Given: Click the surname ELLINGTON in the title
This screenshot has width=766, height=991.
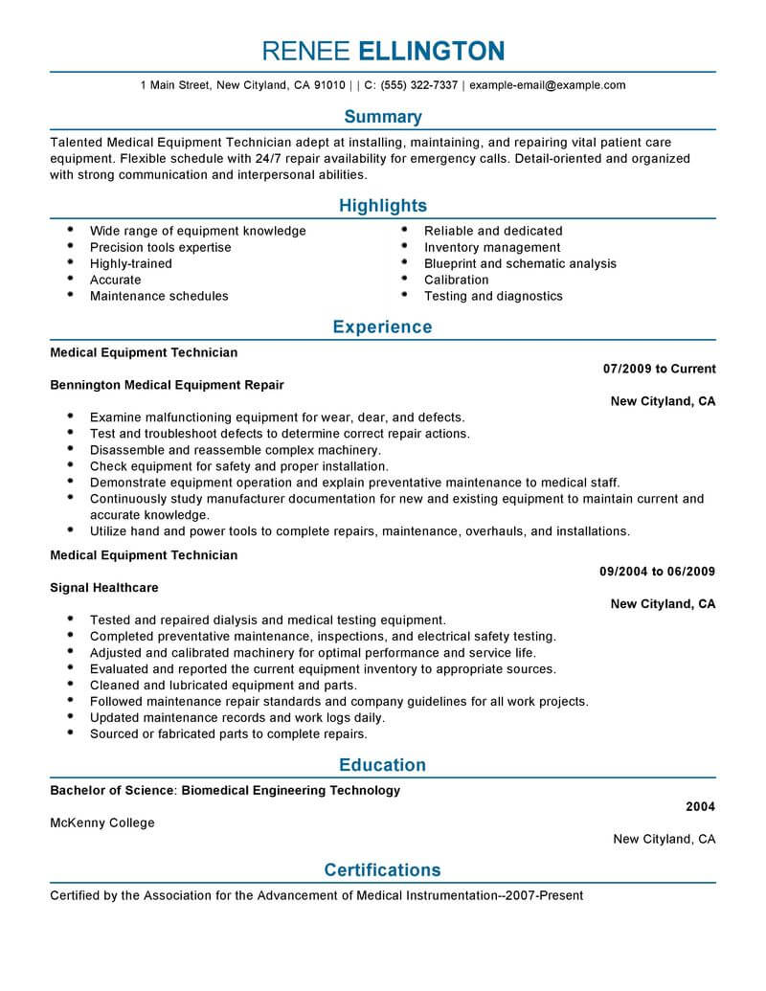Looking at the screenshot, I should [x=431, y=50].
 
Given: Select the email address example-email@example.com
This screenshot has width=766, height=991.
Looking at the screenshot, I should [x=548, y=85].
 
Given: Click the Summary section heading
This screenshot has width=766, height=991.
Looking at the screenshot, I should [x=383, y=117].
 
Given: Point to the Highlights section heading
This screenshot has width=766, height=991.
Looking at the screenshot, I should [x=383, y=206].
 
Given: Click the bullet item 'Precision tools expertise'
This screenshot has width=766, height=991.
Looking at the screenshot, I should [x=160, y=247].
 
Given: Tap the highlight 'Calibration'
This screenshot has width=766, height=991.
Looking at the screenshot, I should [x=456, y=280].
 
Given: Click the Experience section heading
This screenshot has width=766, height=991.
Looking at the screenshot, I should [x=383, y=327].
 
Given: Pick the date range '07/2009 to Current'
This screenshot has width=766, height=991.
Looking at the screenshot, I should [x=659, y=369].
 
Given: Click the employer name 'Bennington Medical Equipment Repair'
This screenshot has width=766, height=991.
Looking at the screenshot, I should [x=167, y=385].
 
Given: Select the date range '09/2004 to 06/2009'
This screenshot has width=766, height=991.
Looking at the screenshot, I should [x=657, y=572].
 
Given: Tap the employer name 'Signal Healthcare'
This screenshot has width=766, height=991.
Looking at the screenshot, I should [x=104, y=588].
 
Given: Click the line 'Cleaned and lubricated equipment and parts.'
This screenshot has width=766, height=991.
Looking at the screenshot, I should [x=223, y=686].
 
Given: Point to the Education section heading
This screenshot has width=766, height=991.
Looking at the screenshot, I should [x=383, y=765].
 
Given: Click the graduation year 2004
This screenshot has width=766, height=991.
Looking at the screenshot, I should [x=700, y=807].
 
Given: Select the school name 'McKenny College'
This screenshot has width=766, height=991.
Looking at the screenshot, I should [x=101, y=822].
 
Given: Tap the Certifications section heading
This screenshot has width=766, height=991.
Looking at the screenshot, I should [x=383, y=870].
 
